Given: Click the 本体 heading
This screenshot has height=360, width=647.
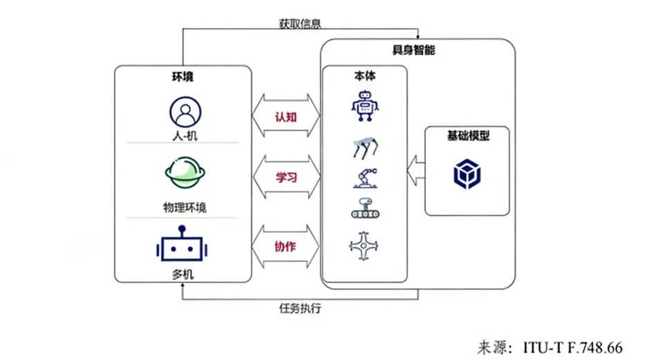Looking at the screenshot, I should click(x=364, y=76).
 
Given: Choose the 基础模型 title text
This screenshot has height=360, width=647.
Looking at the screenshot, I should click(x=468, y=136).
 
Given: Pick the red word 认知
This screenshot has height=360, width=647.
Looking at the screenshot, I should click(x=285, y=117).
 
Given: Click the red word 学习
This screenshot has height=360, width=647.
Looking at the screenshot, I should click(x=285, y=177).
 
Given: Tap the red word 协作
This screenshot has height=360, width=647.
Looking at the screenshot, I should click(x=285, y=247).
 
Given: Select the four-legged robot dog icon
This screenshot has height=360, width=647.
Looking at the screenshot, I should click(x=365, y=147).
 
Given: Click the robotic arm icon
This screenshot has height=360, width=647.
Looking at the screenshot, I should click(x=365, y=178).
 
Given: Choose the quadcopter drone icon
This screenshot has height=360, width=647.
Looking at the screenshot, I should click(x=365, y=246).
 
